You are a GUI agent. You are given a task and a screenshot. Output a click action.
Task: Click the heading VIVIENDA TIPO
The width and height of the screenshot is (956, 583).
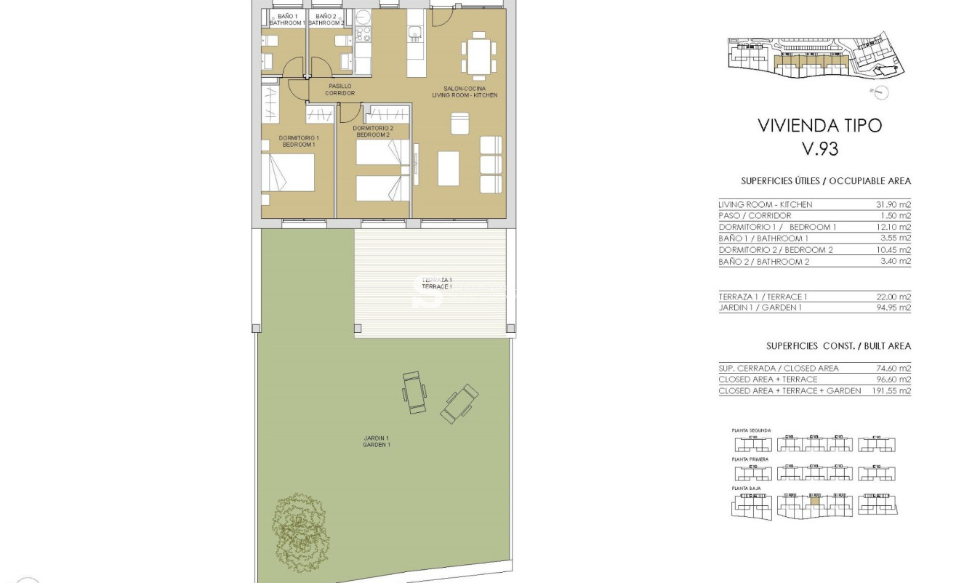click(x=819, y=125)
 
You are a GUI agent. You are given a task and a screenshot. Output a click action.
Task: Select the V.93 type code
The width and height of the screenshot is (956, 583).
click(x=819, y=149)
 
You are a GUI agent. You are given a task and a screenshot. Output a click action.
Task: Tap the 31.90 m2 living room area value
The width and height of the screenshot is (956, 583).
click(x=893, y=204)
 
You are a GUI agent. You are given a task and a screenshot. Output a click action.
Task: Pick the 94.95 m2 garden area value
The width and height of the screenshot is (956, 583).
click(x=893, y=307)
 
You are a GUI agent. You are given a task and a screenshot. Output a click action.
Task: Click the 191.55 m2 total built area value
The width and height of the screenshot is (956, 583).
click(x=891, y=390)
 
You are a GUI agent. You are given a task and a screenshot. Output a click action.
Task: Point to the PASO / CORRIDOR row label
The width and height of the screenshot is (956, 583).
click(x=755, y=216)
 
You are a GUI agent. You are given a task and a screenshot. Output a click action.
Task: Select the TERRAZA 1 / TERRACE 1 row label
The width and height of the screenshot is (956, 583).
click(x=763, y=297)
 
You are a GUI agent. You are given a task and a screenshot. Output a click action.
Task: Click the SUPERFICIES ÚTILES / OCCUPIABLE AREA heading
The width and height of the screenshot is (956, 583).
click(x=825, y=181)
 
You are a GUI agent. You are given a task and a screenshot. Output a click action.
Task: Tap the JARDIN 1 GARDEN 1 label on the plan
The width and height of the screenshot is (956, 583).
click(x=377, y=441)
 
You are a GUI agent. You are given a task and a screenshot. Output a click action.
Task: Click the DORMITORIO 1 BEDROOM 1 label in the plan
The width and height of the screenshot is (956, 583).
click(x=299, y=141)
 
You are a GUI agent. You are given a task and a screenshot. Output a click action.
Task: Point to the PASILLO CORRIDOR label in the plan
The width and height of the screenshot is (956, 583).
click(x=340, y=89)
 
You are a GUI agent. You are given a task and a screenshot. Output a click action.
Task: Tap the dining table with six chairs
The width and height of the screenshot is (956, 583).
click(x=478, y=55)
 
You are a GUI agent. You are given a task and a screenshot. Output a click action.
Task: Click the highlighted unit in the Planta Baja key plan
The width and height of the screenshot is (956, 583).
click(x=814, y=500)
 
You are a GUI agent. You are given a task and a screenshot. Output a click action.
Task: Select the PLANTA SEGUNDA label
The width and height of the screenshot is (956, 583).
click(x=751, y=430)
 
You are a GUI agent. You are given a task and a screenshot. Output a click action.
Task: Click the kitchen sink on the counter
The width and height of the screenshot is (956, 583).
click(x=414, y=31)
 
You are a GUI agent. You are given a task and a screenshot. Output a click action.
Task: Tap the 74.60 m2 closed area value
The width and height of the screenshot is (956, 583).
click(x=893, y=369)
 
